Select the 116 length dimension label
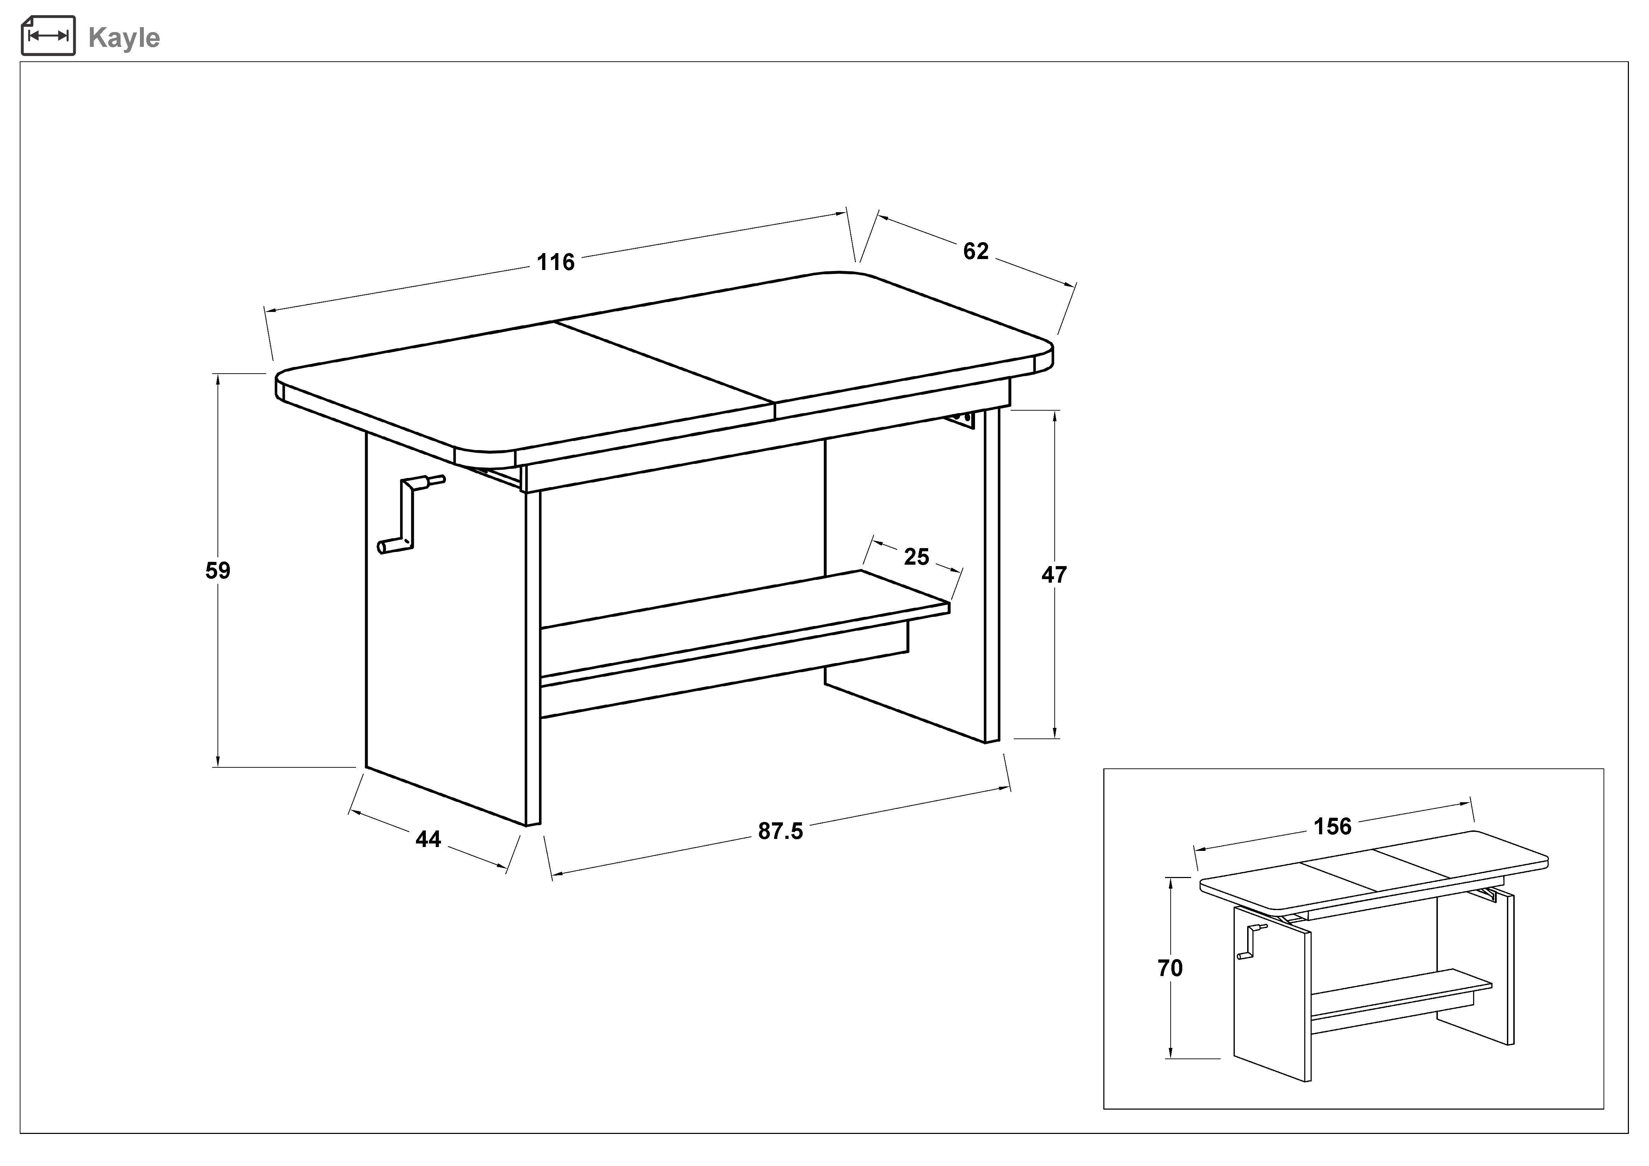(x=556, y=262)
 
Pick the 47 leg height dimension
(x=1054, y=575)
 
